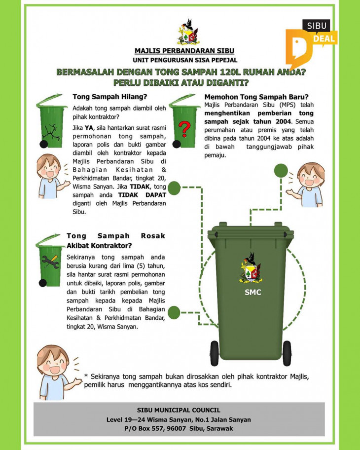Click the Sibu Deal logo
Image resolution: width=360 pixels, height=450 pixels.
pos(311,42)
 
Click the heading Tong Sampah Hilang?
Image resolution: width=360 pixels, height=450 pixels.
pos(110,97)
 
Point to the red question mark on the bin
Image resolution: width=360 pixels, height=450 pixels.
pos(185,129)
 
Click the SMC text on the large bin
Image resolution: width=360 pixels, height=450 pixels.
pos(253,292)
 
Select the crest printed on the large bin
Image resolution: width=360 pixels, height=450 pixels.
pos(251,268)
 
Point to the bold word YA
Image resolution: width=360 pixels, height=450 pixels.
pos(89,127)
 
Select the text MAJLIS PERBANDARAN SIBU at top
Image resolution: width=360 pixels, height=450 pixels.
pos(184,51)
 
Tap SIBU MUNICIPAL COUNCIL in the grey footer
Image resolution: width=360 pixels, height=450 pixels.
pos(179,410)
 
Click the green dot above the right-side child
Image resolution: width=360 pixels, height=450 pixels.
pos(281,171)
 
